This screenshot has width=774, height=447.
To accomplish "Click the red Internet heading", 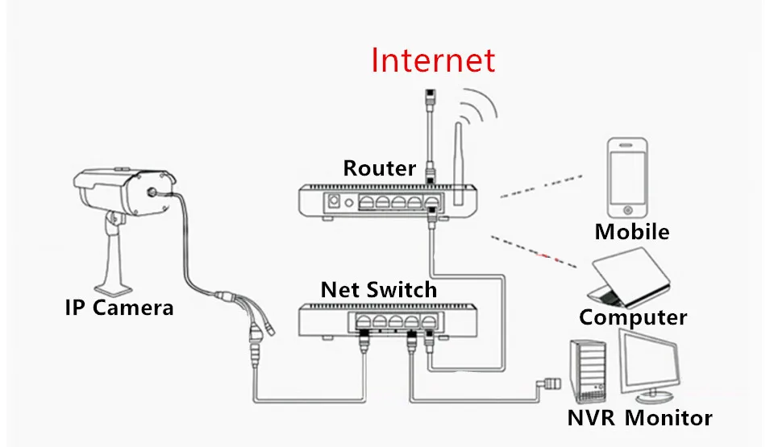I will [x=433, y=60].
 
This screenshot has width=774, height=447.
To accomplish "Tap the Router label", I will [x=379, y=168].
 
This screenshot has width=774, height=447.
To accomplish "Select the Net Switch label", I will [x=378, y=289].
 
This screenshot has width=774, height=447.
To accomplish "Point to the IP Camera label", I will [x=119, y=307].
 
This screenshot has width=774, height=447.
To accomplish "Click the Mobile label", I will [x=632, y=232].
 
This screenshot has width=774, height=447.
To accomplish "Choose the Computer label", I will [x=633, y=317].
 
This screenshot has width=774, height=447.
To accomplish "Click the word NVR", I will [x=593, y=418].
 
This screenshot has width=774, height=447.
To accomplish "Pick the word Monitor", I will [x=668, y=418].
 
